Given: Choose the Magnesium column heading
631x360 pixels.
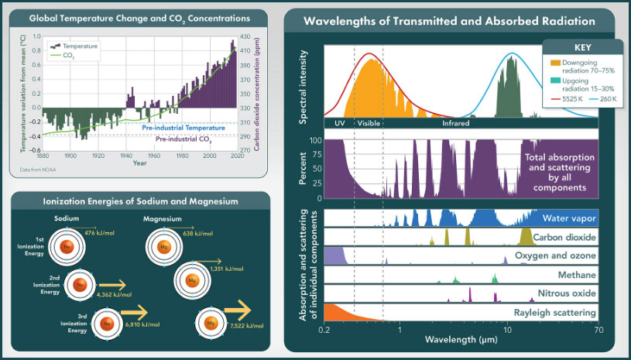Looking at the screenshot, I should click(162, 219).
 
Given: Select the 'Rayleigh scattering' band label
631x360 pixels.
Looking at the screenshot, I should click(554, 313).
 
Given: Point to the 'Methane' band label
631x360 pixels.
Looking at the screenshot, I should click(577, 275).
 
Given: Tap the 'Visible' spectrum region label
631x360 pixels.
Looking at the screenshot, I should click(369, 123).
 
